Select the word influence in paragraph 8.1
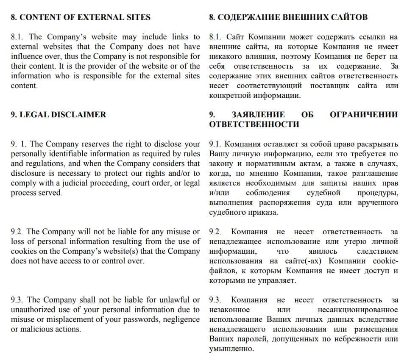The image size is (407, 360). coord(26,56)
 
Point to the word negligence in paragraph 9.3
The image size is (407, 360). coord(181,319)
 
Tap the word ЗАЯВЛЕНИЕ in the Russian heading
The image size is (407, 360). coord(258,114)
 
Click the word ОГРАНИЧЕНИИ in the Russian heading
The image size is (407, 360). coord(364,114)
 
